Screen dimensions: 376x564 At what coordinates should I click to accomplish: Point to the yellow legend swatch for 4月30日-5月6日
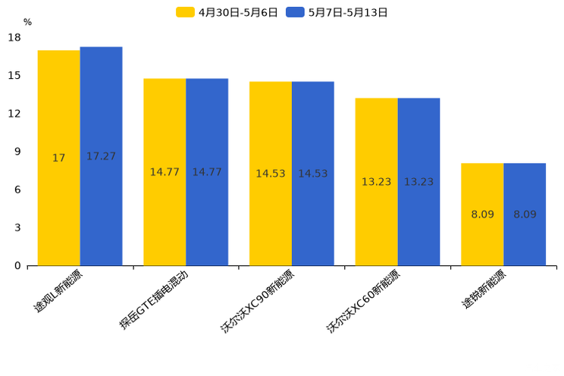tap(185, 12)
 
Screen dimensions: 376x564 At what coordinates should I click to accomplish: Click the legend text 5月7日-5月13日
tap(348, 12)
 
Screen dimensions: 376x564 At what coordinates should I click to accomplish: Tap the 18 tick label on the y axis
tap(14, 37)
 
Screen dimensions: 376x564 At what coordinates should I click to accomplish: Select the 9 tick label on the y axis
tap(17, 152)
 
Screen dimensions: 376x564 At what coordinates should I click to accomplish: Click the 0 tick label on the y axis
tap(17, 266)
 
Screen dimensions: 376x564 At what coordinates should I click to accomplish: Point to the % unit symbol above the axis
tap(27, 23)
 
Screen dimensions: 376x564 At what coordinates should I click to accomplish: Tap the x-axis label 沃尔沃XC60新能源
tap(363, 302)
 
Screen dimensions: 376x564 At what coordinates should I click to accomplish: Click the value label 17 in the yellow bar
tap(58, 158)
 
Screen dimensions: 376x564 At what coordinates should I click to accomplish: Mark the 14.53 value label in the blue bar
tap(312, 174)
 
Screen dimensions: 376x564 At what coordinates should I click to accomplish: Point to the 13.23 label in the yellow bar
tap(376, 182)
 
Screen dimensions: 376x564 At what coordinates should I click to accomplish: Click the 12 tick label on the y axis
tap(14, 114)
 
